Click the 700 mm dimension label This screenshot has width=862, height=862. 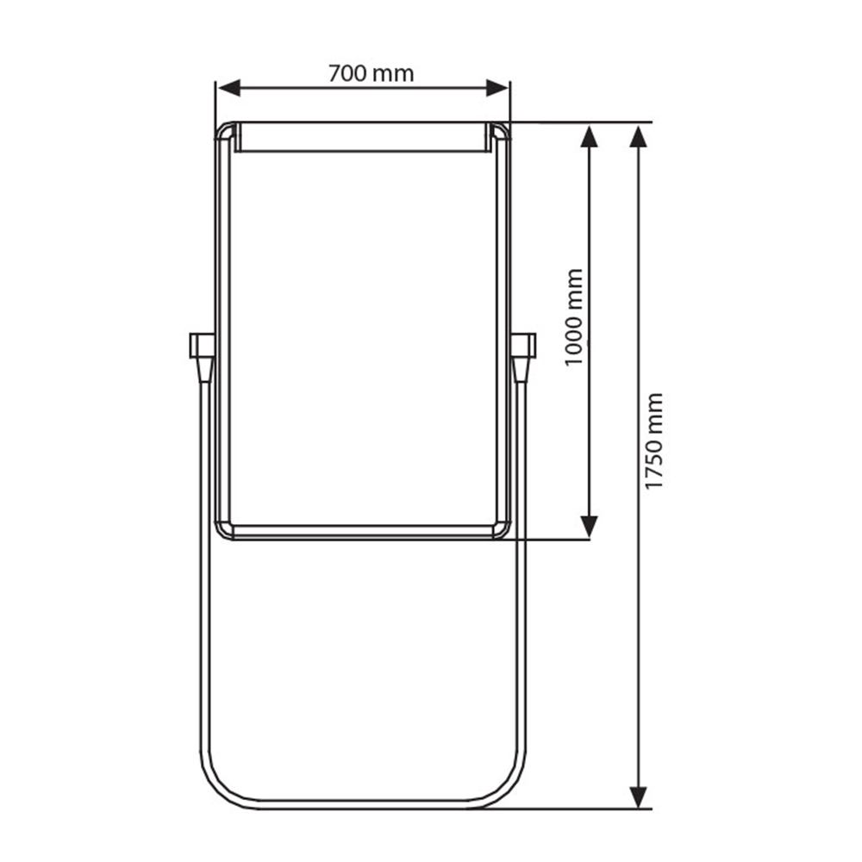(371, 73)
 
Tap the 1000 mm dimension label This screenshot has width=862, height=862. (574, 317)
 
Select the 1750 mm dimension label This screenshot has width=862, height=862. (654, 440)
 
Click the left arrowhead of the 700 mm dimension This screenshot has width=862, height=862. (229, 88)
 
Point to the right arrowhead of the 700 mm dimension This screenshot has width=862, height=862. (497, 88)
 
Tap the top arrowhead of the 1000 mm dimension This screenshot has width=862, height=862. (590, 136)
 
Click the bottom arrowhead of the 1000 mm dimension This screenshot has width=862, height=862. (590, 528)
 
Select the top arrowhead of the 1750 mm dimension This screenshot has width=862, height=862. (638, 136)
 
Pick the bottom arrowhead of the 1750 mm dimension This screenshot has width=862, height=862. (638, 797)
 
